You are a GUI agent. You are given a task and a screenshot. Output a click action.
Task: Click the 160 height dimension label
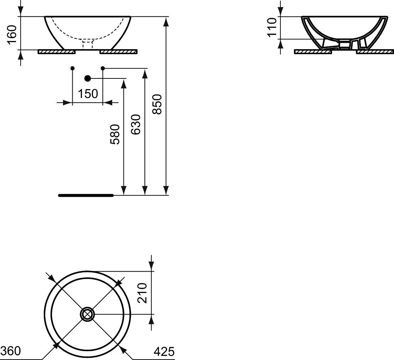pos(12,34)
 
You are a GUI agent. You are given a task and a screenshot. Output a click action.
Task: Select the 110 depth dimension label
pos(272,28)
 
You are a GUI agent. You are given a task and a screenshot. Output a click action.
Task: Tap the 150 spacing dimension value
pos(88,94)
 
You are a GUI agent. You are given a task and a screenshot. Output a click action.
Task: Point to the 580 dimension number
pos(115,134)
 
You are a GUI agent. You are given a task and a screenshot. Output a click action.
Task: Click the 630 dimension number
pos(136,124)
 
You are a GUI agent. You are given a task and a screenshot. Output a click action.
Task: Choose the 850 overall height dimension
pos(157,104)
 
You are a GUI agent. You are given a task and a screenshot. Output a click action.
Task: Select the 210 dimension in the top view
pos(142,292)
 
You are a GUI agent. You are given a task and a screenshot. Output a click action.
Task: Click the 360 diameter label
pos(10,351)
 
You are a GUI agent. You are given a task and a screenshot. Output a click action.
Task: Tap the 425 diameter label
pos(164,352)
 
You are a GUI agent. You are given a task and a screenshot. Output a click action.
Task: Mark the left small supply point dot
pos(72,68)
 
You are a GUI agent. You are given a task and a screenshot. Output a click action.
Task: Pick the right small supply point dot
pos(103,68)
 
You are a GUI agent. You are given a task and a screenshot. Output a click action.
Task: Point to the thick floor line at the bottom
pos(85,195)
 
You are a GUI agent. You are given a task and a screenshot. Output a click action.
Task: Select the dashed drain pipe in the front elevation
pos(88,45)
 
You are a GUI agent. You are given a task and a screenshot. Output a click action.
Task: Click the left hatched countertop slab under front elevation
pos(56,52)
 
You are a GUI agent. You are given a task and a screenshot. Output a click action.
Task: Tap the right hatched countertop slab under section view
pos(375,52)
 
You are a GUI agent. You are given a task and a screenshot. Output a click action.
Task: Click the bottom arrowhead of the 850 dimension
pos(166,191)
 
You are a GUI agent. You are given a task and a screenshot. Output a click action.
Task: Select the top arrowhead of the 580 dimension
pos(124,83)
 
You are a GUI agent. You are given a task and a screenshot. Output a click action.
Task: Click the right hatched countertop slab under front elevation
pos(118,52)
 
